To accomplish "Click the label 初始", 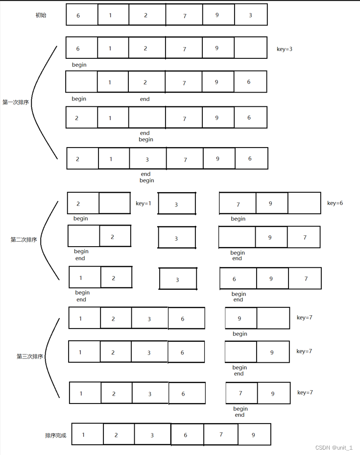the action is tap(41, 15).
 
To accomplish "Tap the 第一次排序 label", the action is tap(15, 102).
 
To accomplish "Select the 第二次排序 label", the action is tap(24, 240).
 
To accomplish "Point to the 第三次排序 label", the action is tap(30, 356).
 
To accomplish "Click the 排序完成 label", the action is tap(55, 435).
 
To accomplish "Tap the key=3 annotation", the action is tap(285, 49).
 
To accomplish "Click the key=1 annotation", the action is tap(144, 203).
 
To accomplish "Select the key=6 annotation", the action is tap(335, 202).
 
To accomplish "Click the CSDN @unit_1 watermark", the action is tap(334, 448).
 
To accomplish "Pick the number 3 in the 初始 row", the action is tap(250, 15).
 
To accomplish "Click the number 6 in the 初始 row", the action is tap(78, 16).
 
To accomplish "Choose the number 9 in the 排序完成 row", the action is tap(253, 435).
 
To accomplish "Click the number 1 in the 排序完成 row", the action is tap(84, 434).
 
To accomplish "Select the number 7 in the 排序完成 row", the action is tap(221, 434).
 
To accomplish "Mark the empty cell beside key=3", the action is tap(250, 48).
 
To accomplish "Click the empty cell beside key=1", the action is tap(115, 203).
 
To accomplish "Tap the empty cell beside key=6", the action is tap(304, 203).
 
